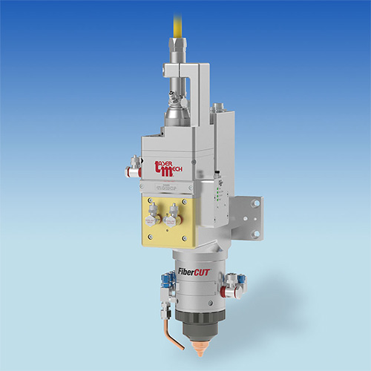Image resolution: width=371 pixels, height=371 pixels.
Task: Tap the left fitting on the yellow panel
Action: pos(154,215)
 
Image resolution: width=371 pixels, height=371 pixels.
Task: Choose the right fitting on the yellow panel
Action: pos(176,215)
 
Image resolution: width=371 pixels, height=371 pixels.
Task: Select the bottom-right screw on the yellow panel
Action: pos(194,237)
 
